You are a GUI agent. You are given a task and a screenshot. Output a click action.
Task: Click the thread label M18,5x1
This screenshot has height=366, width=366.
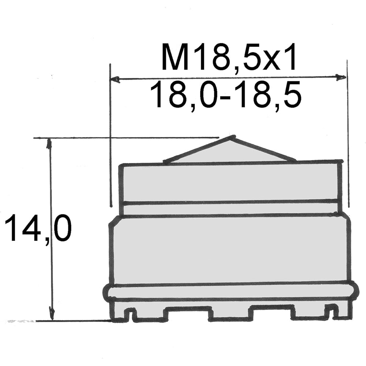[x=228, y=57]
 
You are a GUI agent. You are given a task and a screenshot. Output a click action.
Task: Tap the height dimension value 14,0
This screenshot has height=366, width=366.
[x=37, y=227]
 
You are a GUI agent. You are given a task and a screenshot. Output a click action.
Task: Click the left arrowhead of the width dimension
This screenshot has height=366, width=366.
[x=115, y=79]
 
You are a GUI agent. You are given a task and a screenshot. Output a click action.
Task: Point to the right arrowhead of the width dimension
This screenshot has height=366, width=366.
[x=341, y=77]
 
